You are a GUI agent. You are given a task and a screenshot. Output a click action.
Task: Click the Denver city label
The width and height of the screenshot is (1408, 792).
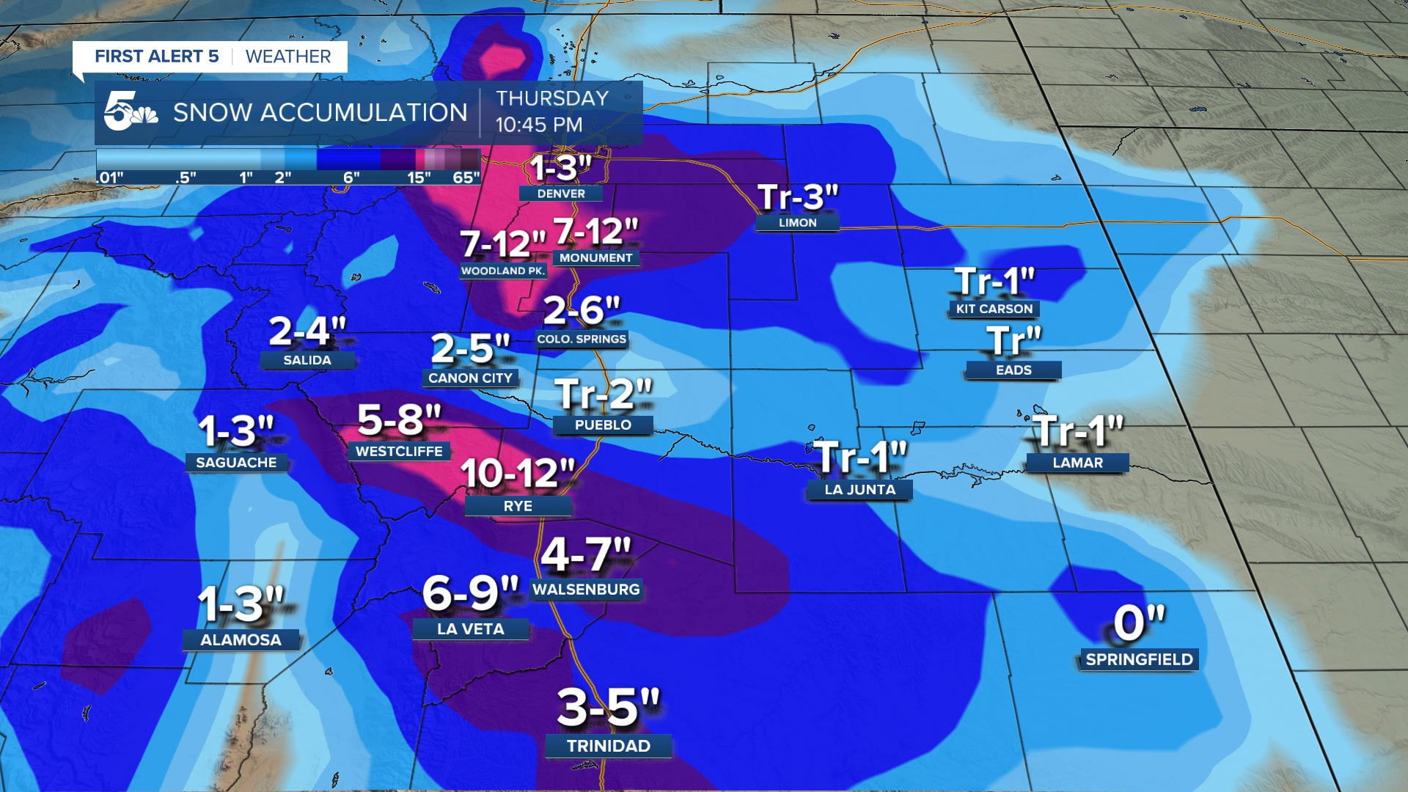click(561, 194)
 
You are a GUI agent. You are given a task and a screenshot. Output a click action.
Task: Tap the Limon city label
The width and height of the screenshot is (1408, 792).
click(797, 222)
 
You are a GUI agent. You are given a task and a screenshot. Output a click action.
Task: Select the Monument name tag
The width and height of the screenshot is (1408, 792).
click(595, 258)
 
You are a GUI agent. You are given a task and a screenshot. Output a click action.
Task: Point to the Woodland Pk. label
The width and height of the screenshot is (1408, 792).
click(503, 271)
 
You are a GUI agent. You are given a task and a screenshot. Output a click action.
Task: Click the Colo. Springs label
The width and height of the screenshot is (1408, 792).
click(582, 339)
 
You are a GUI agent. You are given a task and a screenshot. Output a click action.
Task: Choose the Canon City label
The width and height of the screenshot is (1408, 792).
click(470, 378)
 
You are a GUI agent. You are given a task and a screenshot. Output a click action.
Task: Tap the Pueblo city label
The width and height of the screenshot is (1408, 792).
click(603, 425)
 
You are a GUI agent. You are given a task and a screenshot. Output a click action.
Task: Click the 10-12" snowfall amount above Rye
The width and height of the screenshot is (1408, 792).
click(518, 474)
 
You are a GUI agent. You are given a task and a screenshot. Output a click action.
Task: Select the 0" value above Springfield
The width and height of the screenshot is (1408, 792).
click(1139, 623)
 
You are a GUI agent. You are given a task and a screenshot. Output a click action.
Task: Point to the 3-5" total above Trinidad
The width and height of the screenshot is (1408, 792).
click(608, 708)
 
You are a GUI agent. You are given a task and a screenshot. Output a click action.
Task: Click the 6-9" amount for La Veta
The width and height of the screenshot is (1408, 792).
click(470, 593)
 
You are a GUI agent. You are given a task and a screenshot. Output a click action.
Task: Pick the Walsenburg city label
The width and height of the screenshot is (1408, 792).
click(586, 590)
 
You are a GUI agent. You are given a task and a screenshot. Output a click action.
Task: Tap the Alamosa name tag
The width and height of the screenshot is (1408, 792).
click(241, 640)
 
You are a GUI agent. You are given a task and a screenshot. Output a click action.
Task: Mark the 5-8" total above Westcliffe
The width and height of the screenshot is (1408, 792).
click(399, 420)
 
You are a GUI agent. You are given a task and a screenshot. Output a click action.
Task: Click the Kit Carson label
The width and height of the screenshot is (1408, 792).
click(994, 309)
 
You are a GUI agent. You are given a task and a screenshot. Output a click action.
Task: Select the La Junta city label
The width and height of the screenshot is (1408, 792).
click(859, 490)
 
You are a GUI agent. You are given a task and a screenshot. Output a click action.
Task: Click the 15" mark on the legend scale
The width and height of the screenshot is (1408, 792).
click(419, 177)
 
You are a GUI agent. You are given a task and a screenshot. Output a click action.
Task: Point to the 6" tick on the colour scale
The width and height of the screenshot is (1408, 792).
click(351, 177)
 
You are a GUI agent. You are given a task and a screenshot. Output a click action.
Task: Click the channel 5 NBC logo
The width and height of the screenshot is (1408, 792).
click(130, 112)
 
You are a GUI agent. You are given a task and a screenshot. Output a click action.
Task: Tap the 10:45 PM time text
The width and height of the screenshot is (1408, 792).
click(539, 125)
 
